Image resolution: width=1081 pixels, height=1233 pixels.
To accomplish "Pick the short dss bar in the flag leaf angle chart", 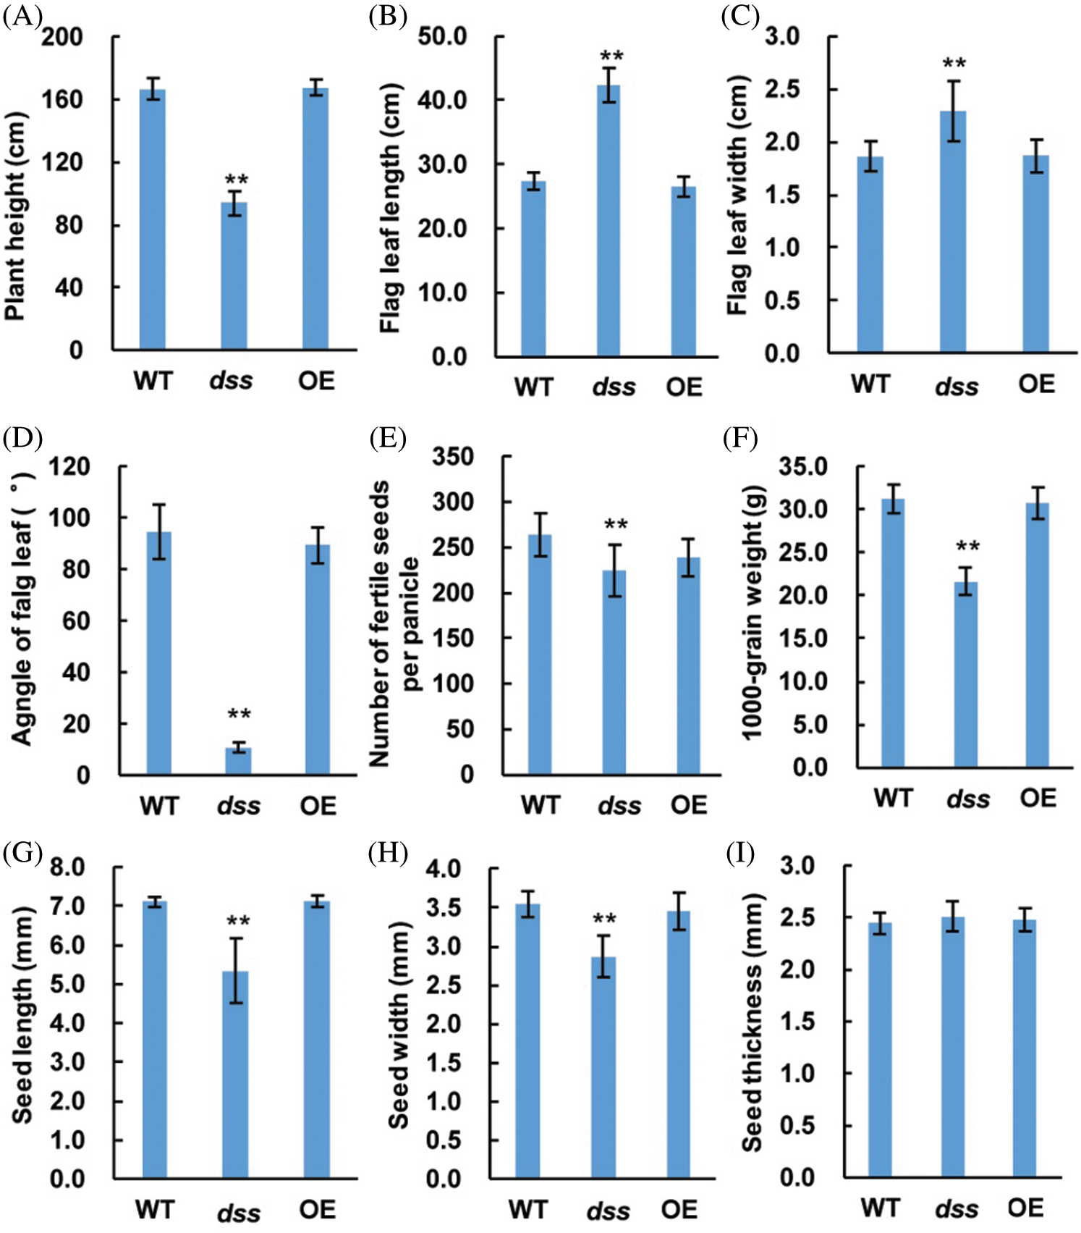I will coord(238,761).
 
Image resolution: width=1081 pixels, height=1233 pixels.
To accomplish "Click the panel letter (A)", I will coord(22,16).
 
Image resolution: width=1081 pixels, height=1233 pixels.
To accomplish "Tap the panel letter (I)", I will coord(740,854).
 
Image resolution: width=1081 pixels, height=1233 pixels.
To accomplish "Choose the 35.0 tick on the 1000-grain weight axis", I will coord(802,467).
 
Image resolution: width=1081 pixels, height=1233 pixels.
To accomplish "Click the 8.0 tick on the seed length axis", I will coord(67,867).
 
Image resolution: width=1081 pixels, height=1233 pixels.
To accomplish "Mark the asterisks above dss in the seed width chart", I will coord(604,920).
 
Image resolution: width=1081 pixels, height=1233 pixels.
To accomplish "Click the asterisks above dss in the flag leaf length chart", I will coord(611,56).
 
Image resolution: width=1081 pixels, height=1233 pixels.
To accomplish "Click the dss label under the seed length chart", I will coord(238,1213).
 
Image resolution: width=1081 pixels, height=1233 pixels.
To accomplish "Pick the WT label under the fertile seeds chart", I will coord(540,805).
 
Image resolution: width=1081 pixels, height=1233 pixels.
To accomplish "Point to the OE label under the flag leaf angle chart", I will coord(318,806).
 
